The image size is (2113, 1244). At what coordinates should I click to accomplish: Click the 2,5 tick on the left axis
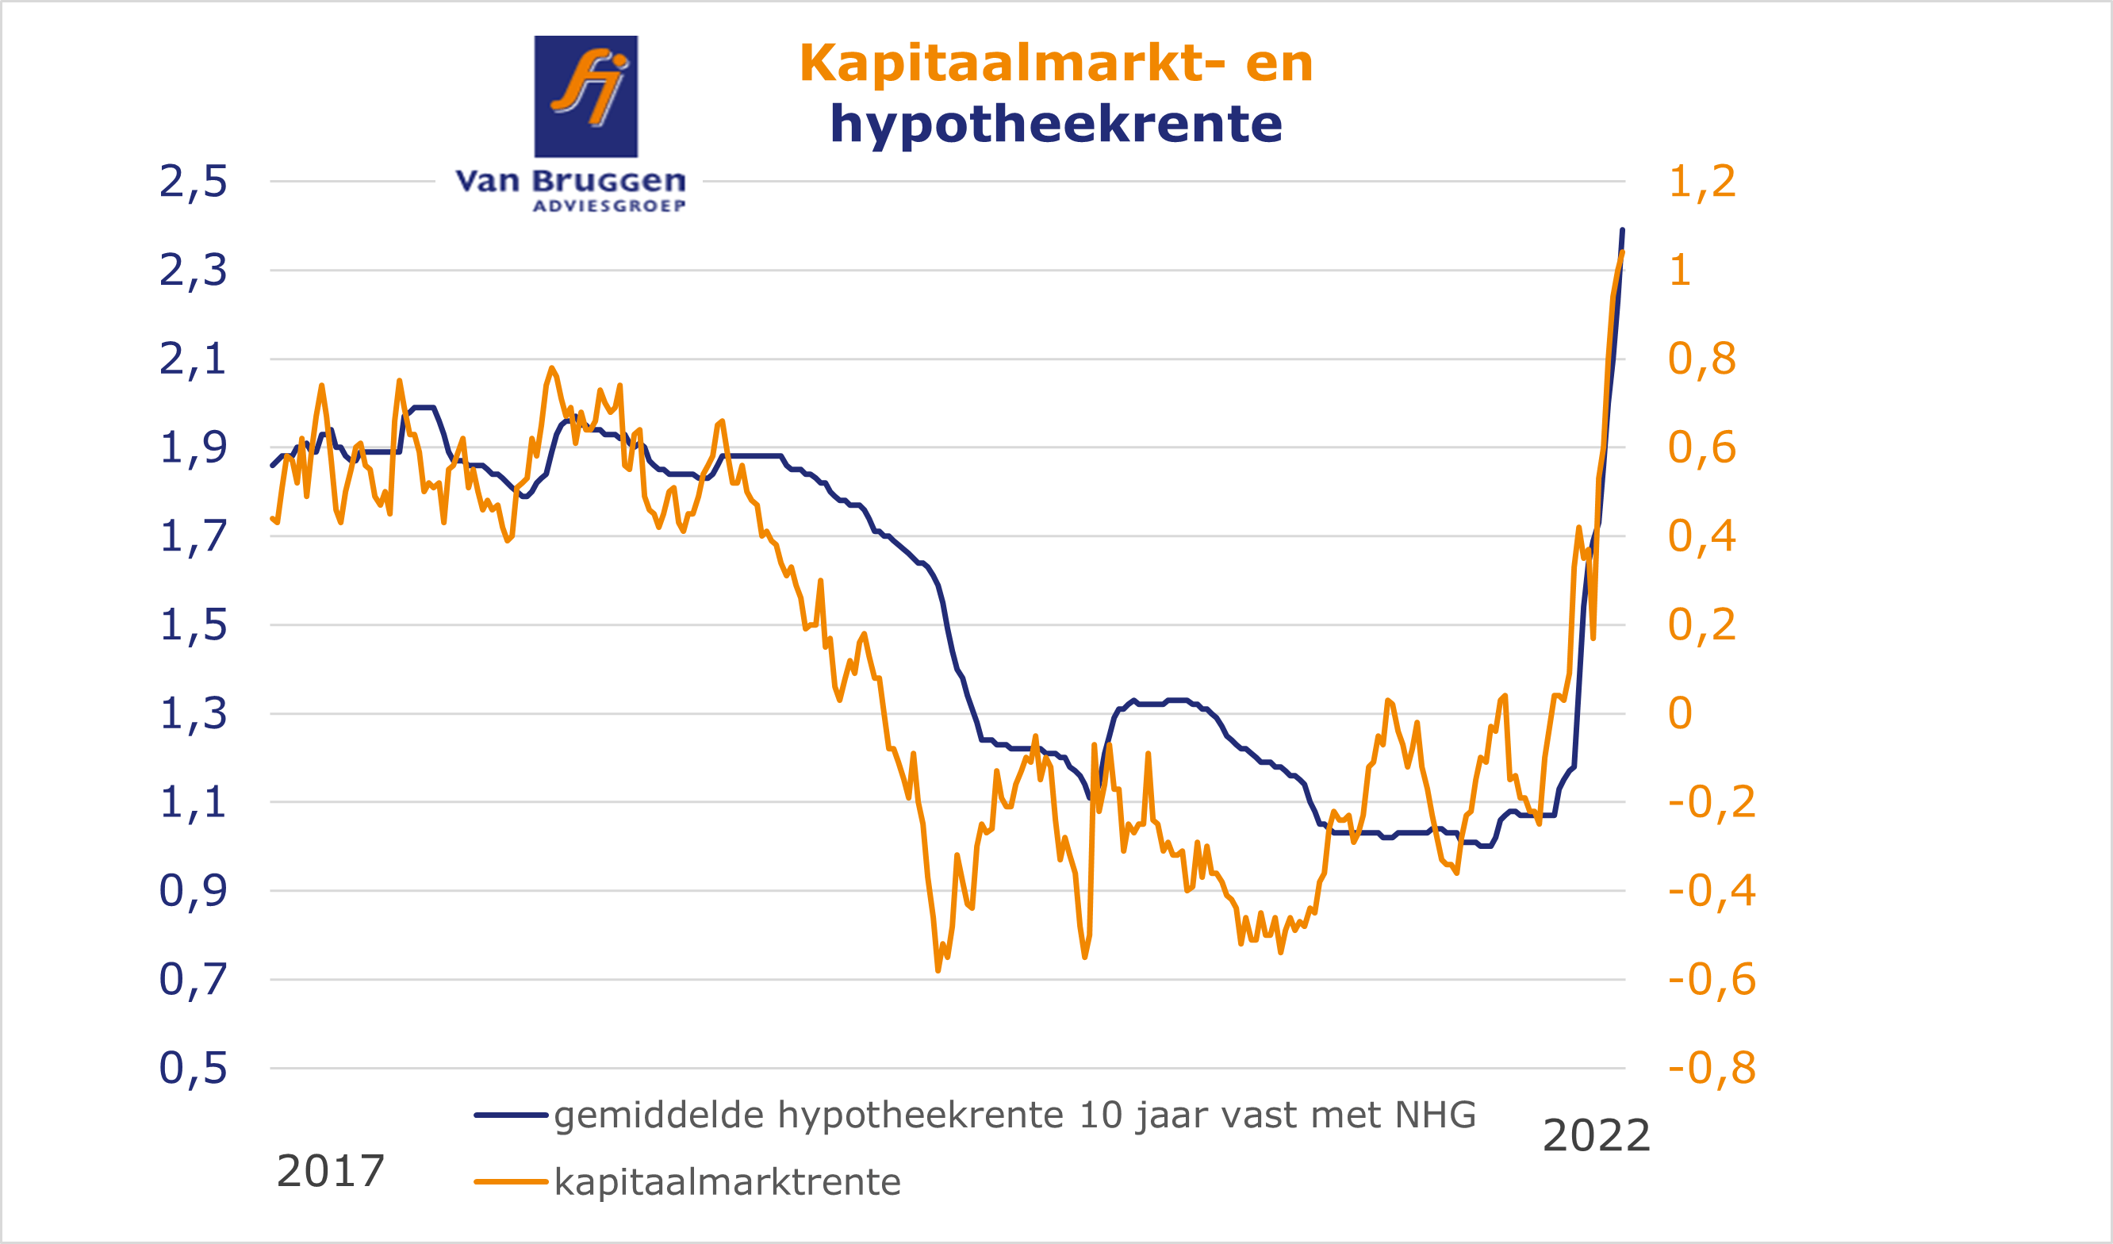tap(193, 181)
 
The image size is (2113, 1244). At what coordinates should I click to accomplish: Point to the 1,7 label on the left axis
tap(193, 536)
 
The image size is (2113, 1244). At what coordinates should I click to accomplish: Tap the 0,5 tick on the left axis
tap(193, 1068)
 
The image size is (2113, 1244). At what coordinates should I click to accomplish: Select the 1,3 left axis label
tap(193, 713)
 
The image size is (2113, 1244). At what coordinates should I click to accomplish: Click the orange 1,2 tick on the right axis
tap(1701, 181)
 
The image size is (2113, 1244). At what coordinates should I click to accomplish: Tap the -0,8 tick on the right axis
tap(1712, 1068)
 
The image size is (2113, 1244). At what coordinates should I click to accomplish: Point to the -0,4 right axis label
tap(1712, 890)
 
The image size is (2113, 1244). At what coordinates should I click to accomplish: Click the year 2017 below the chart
tap(331, 1171)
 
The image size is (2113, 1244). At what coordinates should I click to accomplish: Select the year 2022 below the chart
tap(1597, 1136)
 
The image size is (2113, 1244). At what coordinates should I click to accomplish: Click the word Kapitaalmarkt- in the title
tap(1012, 63)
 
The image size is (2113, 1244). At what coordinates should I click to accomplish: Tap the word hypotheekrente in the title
tap(1056, 124)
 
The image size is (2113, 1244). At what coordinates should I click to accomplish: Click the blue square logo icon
tap(586, 96)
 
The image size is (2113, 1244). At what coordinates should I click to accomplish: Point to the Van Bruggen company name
tap(570, 180)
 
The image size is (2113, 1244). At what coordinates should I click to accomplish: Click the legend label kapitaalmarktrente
tap(728, 1182)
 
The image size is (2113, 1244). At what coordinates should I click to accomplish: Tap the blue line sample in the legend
tap(511, 1115)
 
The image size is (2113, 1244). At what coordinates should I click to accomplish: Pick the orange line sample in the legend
tap(511, 1182)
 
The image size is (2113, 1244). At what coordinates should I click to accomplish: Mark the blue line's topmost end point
tap(1622, 230)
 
